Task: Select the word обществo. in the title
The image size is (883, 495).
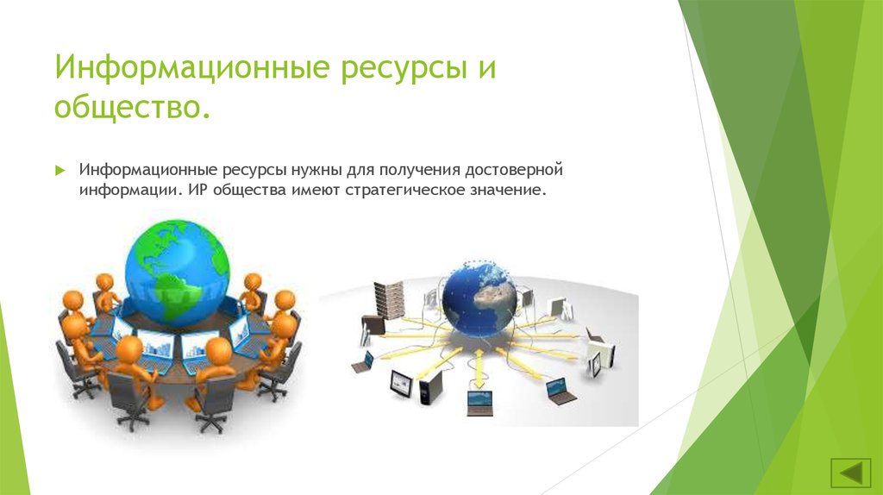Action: pos(132,106)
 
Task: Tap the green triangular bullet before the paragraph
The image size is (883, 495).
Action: pos(60,170)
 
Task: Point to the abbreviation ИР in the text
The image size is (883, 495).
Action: pos(197,189)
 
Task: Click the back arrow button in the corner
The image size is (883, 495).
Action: pos(850,472)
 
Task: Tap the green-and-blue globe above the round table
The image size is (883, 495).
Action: pos(177,272)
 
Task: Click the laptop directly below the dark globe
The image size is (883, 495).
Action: pos(479,402)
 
